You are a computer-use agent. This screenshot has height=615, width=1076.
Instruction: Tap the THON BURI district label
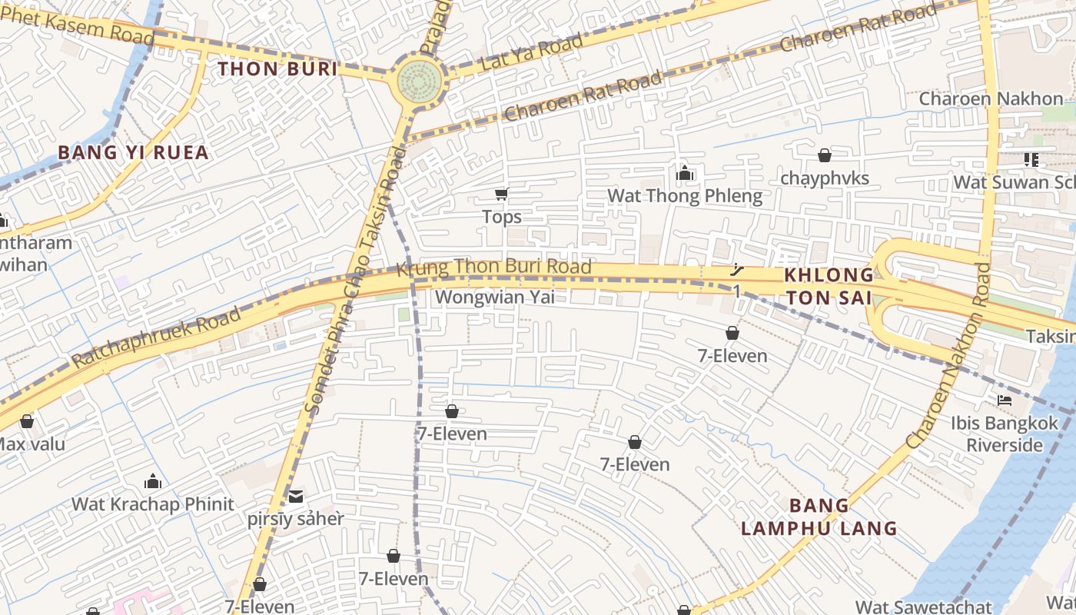tap(277, 69)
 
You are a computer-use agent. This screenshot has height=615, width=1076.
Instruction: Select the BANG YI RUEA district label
tap(134, 152)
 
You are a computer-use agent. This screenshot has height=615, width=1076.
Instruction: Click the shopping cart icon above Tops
tap(502, 194)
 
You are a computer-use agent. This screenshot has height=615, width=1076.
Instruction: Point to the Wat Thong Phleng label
tap(685, 196)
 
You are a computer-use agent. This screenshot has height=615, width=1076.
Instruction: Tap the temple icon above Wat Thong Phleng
tap(685, 174)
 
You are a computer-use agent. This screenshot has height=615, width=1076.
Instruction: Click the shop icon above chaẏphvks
tap(825, 156)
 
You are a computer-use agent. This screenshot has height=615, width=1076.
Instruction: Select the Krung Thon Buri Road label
tap(493, 268)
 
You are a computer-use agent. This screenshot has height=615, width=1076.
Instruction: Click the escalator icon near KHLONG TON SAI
tap(736, 271)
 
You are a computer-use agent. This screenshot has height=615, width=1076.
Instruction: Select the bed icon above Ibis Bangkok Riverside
tap(1004, 401)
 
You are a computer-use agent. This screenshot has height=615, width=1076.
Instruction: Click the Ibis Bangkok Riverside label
tap(1005, 434)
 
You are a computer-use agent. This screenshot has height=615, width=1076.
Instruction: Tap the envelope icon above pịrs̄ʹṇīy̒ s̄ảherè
tap(296, 497)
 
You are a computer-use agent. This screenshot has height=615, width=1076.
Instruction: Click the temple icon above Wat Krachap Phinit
tap(153, 482)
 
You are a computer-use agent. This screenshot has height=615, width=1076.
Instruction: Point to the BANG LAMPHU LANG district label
tap(819, 517)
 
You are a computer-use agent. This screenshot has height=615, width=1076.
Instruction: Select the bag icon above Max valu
tap(27, 422)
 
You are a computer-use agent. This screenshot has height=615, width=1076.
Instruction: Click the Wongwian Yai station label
tap(494, 298)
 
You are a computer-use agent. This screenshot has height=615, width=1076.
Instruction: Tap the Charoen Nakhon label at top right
tap(991, 98)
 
